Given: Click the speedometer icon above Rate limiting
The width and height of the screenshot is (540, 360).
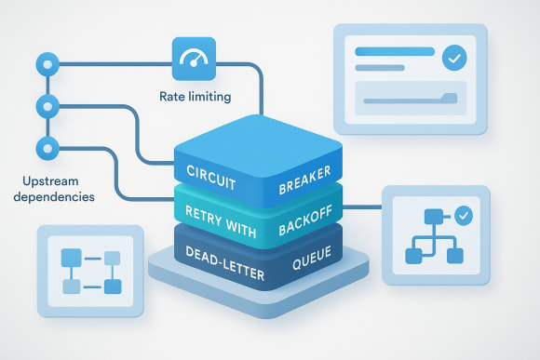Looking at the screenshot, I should click(194, 58).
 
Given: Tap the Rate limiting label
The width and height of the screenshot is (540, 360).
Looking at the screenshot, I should click(195, 95).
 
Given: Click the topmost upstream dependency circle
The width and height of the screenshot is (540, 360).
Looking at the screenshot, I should click(43, 63).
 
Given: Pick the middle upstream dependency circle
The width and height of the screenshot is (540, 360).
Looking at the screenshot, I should click(43, 105).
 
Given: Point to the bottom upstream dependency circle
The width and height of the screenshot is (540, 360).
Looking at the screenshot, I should click(43, 147).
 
